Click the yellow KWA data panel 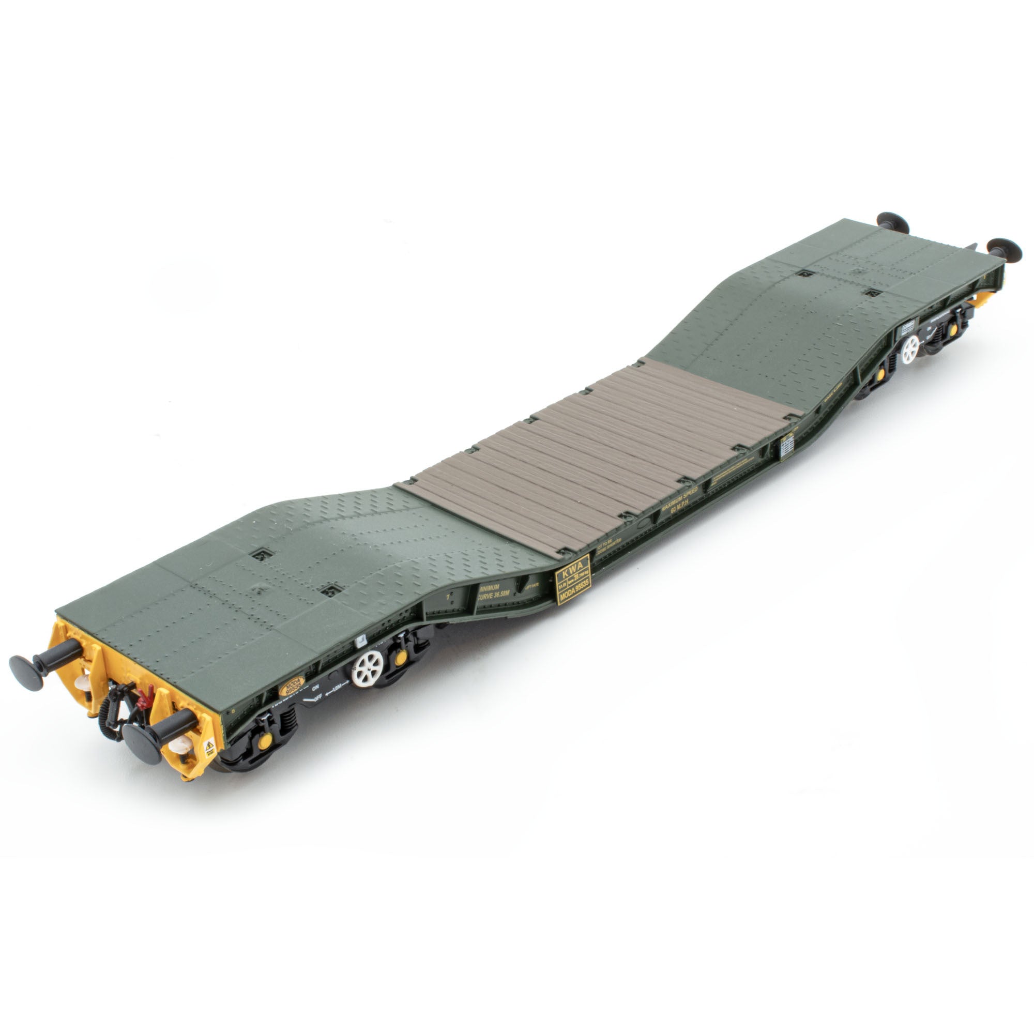(x=573, y=580)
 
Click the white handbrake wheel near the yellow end (x=368, y=668)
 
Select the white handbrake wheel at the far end (x=909, y=350)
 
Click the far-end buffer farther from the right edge (x=893, y=222)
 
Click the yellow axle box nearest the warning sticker (x=264, y=741)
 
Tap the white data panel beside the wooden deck (x=787, y=447)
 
